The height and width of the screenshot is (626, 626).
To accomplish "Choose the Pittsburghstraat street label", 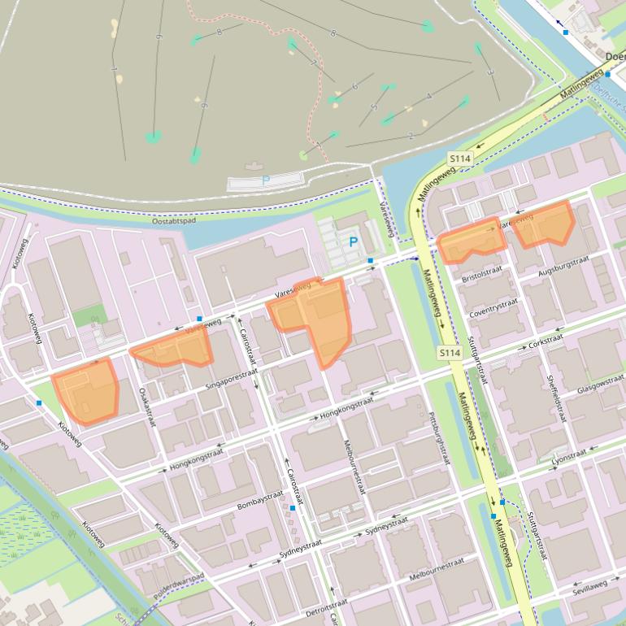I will [438, 438].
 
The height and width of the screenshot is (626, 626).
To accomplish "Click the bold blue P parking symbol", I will [354, 241].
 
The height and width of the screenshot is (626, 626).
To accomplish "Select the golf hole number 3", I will [489, 72].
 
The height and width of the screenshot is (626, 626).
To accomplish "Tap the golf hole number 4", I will [428, 96].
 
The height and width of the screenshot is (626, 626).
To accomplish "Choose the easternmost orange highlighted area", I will [544, 224].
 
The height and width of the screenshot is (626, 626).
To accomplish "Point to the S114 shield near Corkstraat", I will [450, 353].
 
